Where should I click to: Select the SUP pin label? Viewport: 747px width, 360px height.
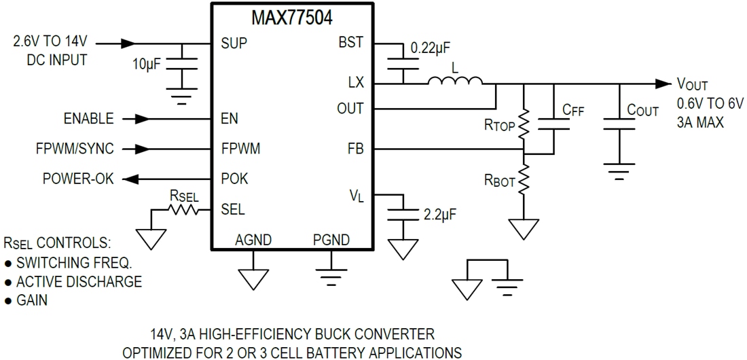tap(234, 43)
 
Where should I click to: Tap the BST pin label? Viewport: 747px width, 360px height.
tap(351, 43)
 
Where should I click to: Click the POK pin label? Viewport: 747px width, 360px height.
tap(234, 179)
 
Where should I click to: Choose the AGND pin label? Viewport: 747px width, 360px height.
tap(253, 240)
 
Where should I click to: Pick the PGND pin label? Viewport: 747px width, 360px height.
tap(331, 240)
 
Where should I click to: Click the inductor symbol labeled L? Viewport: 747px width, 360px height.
tap(455, 81)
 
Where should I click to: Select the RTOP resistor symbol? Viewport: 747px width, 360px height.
tap(524, 124)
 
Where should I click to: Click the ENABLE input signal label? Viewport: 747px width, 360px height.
tap(88, 119)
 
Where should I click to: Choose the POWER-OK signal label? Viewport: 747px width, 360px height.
tap(78, 179)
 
